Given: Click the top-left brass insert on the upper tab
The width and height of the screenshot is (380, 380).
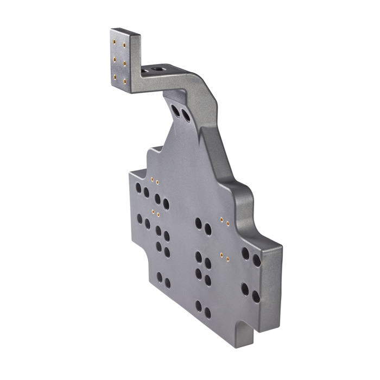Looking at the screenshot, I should [114, 40].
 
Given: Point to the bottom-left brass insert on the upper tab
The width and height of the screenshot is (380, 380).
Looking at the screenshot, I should [114, 76].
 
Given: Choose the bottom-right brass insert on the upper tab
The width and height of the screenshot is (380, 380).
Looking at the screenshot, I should [125, 81].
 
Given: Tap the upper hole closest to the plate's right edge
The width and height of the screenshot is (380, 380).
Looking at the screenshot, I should [256, 260].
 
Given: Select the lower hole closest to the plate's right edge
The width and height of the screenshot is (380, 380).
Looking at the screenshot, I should [255, 294].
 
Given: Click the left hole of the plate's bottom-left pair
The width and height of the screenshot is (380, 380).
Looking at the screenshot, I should [159, 278].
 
